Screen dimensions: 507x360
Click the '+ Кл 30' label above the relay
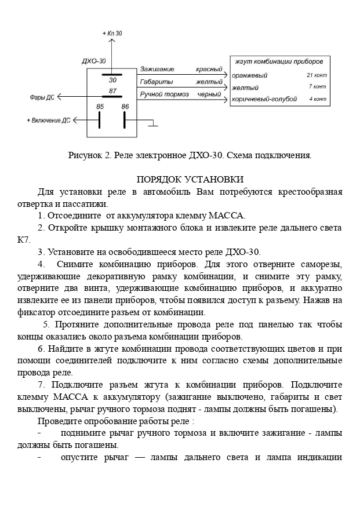[112, 34]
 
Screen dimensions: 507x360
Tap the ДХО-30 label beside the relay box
[94, 61]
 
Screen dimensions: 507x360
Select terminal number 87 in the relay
[112, 92]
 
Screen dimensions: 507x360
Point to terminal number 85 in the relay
[100, 107]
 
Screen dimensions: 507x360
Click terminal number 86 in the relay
[125, 107]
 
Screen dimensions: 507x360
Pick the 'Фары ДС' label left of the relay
[42, 97]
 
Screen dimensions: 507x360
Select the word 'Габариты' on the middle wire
[153, 82]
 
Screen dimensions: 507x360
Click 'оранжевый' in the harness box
[249, 75]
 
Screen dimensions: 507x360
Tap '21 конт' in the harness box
[317, 75]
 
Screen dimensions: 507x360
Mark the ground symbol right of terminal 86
[153, 123]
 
